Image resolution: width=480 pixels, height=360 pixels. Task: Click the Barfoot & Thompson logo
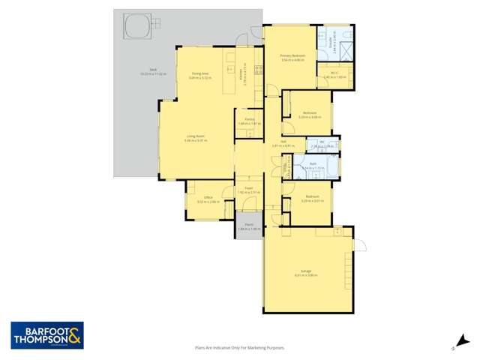tap(46, 335)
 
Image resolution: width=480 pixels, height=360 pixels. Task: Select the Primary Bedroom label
tap(291, 56)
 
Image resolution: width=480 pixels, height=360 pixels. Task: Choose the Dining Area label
tap(199, 73)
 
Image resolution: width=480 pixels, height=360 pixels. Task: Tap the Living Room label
tap(195, 136)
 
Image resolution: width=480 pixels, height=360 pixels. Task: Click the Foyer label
tap(247, 189)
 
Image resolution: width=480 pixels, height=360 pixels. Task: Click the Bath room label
tap(311, 165)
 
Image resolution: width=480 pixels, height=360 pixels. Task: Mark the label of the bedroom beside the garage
tap(306, 197)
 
